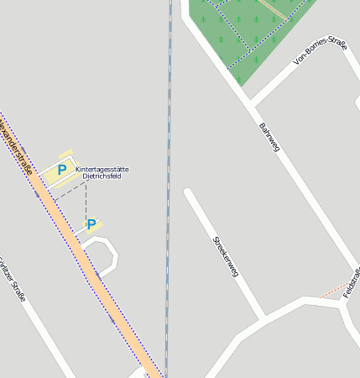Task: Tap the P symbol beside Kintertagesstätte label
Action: (61, 170)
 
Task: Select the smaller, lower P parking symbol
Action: (91, 224)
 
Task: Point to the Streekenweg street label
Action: (226, 256)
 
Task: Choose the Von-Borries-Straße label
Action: (320, 51)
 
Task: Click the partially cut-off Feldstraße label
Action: (352, 281)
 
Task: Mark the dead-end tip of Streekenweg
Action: (188, 193)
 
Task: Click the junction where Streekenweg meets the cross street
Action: (266, 318)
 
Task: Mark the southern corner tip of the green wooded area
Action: (238, 85)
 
